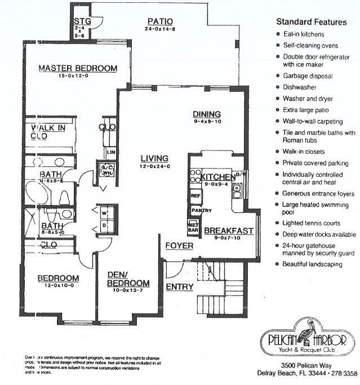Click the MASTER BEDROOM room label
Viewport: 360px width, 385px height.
tap(78, 68)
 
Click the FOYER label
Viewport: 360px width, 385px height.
tap(179, 246)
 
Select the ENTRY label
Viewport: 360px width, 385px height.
tap(179, 287)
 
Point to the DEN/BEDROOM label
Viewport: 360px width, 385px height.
tap(128, 279)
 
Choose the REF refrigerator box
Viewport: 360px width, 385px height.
tap(196, 196)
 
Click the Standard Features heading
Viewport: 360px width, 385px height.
tap(311, 23)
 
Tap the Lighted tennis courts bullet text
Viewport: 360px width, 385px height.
tap(309, 223)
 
